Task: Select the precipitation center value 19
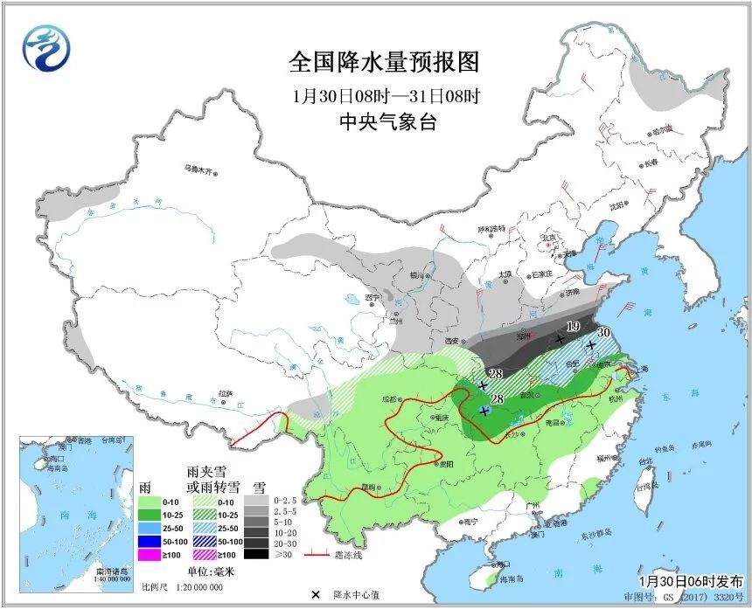[574, 327]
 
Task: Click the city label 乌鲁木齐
[198, 169]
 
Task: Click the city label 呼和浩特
[491, 229]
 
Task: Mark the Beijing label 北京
[549, 237]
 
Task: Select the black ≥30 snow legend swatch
[256, 552]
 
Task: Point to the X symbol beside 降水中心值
[314, 594]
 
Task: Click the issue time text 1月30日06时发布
[690, 580]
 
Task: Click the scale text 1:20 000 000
[196, 587]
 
